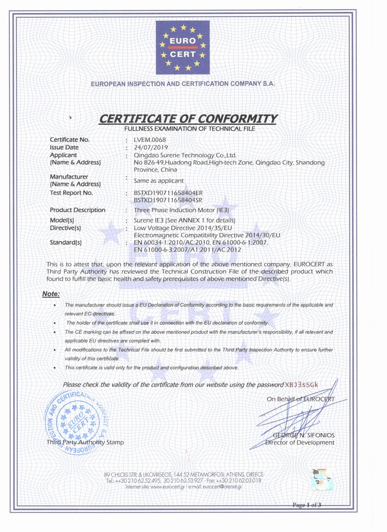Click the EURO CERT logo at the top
pyautogui.click(x=183, y=47)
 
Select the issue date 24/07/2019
pyautogui.click(x=149, y=148)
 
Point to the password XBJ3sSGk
pyautogui.click(x=302, y=384)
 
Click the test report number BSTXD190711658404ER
pyautogui.click(x=168, y=193)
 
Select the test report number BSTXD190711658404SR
pyautogui.click(x=168, y=200)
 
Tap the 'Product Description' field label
pyautogui.click(x=77, y=210)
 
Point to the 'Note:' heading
pyautogui.click(x=51, y=294)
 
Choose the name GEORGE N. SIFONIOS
pyautogui.click(x=303, y=435)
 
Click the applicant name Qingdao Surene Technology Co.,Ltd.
pyautogui.click(x=184, y=155)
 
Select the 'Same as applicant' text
pyautogui.click(x=159, y=180)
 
